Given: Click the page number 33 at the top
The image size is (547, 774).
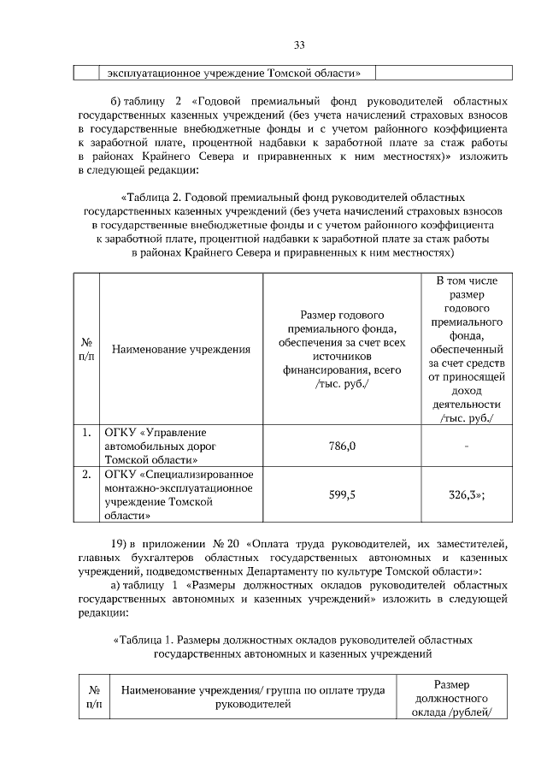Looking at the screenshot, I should pos(299,44).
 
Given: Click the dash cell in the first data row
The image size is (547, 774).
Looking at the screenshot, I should pos(468,446).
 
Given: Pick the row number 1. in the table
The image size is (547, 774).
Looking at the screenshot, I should pos(86,433).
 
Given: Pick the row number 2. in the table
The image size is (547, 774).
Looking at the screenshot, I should pos(86,473).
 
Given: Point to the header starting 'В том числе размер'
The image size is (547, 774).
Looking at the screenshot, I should pos(467,349).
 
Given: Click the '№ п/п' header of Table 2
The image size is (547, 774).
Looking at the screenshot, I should pos(86,349).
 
